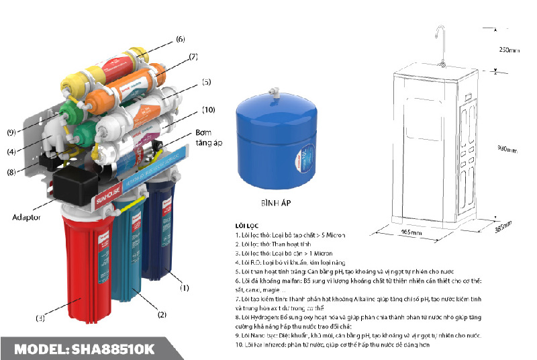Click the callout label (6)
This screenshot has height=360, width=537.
coord(181,40)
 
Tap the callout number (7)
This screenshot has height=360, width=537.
coord(193,57)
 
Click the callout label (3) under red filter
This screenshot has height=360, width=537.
coord(41,318)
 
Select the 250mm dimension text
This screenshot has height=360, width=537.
coord(509,49)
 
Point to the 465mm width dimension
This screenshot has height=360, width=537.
coord(411,232)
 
